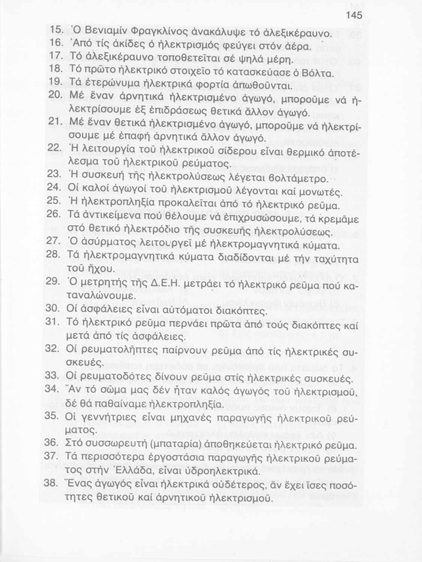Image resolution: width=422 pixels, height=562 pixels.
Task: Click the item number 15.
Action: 56,30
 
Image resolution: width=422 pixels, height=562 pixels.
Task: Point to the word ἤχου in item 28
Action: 98,269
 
